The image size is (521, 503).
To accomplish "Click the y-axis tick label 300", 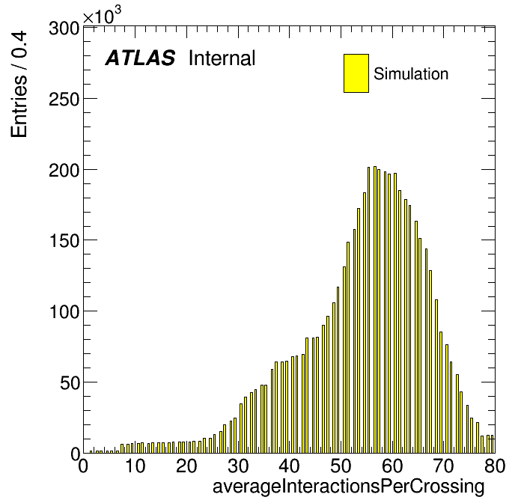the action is pos(64,28).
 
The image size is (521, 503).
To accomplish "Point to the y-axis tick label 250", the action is pos(64,100).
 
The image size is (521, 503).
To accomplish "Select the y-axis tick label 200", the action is pos(64,171).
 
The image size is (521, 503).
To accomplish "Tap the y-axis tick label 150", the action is pos(64,241).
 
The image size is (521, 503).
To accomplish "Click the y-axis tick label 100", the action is pos(64,312).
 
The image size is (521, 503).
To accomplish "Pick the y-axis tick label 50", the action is pos(70,383).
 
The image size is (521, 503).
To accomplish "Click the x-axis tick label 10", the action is pos(135,466).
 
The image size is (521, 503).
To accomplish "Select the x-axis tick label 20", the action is pos(186,466).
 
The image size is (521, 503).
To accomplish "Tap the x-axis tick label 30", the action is pos(238,466).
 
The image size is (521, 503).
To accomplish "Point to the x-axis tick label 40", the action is pos(289,466).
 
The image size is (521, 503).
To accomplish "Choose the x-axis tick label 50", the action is pos(341,466).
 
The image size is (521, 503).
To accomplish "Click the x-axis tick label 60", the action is pos(392,466).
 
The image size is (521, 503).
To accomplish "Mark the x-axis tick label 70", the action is pos(444,466).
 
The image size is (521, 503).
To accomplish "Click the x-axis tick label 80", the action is pos(495,466).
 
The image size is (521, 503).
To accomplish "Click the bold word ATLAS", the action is pos(140,58).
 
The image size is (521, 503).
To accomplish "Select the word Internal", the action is pos(222,58).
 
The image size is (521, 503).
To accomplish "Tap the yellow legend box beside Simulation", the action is pos(356,73).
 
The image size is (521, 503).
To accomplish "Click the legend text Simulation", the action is pos(411,73).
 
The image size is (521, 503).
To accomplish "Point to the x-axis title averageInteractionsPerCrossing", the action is pos(349,487).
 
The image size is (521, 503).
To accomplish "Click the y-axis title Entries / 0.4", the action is pos(19,84).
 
